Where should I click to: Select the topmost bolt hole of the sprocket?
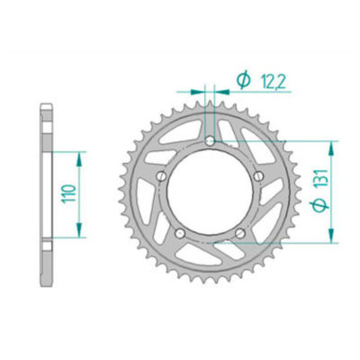211,142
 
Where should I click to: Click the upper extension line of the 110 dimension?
67,152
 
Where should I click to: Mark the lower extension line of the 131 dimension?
288,242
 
